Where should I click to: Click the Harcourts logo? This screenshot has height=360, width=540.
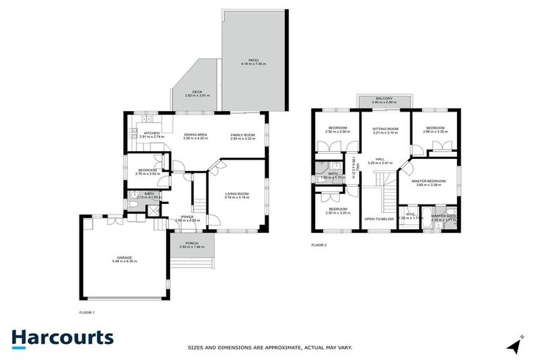tap(63, 337)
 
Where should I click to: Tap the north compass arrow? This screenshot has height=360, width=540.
tap(517, 345)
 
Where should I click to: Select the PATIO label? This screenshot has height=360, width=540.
tap(254, 60)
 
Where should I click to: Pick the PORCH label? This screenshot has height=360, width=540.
tap(191, 243)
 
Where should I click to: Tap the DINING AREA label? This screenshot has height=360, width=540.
tap(195, 134)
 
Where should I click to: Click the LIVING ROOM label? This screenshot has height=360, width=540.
tap(238, 193)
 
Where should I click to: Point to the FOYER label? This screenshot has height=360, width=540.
tap(187, 217)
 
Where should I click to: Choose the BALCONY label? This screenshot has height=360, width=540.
tap(384, 98)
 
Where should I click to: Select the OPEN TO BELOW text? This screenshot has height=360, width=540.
tap(379, 219)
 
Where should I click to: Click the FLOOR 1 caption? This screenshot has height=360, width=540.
tap(86, 311)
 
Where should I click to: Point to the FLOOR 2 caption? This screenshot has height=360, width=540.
tap(319, 245)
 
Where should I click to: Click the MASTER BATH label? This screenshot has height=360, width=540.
tap(444, 216)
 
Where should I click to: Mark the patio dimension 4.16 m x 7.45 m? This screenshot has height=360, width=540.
tap(254, 65)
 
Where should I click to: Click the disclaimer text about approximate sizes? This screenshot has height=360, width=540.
tap(270, 347)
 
